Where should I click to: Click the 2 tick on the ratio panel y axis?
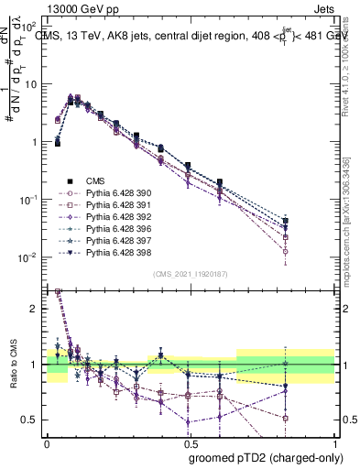tap(35, 309)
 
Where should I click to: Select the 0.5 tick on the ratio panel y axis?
tap(32, 420)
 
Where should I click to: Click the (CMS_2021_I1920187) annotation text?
tap(191, 274)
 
